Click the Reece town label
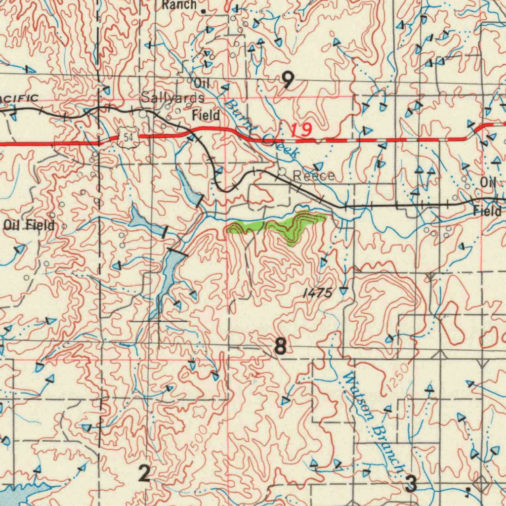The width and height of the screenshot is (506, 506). click(314, 176)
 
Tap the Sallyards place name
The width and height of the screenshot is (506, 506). click(172, 97)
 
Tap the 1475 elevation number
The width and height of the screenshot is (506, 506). click(317, 293)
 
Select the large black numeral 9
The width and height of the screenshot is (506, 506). click(288, 79)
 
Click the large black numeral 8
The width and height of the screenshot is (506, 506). click(280, 346)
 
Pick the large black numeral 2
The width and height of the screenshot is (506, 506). click(144, 474)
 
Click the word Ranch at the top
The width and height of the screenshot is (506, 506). click(178, 5)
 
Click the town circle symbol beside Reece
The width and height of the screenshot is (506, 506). click(282, 172)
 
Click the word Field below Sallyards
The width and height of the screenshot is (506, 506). click(206, 116)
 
